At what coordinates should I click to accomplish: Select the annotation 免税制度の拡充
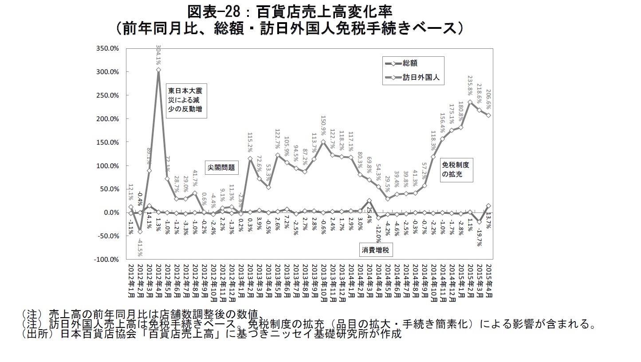(456, 169)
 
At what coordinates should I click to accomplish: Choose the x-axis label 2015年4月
(488, 285)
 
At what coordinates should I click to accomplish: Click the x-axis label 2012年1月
(130, 285)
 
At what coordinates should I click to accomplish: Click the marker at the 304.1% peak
(158, 70)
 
